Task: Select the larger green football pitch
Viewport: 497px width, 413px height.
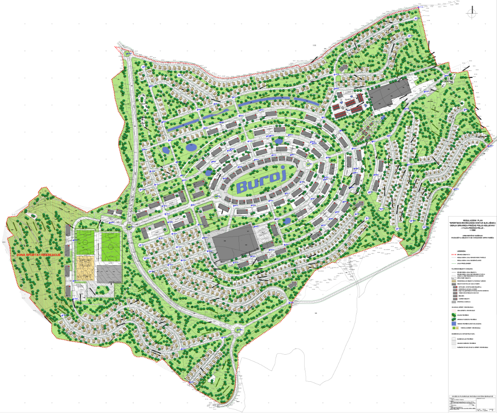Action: (x=110, y=246)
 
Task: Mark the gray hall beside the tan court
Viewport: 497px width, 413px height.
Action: (x=110, y=273)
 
